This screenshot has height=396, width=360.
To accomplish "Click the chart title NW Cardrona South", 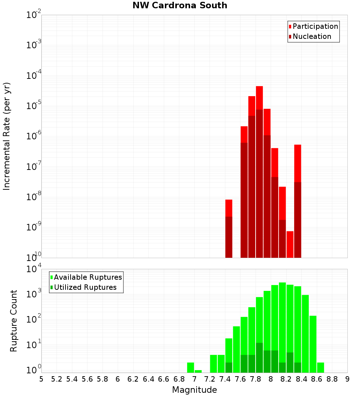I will tap(180, 5).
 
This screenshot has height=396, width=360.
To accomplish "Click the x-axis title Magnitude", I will tap(194, 390).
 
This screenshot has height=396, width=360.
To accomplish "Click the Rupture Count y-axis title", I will tap(14, 321).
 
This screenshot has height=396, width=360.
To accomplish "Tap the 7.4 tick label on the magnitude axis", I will tap(225, 379).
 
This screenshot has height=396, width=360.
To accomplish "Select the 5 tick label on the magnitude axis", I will tap(41, 379).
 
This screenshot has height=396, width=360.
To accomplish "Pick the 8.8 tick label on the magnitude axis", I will tap(332, 379).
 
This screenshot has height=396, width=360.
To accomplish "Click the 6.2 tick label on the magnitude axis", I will tap(133, 379).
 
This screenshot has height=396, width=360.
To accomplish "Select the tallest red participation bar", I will tap(259, 97).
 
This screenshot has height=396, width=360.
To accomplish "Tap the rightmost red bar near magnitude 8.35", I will tap(297, 162).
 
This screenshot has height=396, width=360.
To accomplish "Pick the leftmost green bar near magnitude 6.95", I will tap(190, 367).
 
